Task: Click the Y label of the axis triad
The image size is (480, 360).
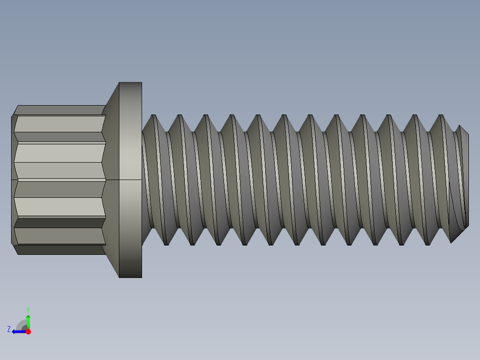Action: point(28,309)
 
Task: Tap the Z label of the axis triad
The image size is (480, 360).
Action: point(9,329)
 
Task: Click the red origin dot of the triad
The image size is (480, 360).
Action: point(28,331)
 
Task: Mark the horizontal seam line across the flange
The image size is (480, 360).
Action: point(130,180)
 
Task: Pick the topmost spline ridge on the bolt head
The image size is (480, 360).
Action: point(60,110)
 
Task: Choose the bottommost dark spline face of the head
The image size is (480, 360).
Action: point(60,250)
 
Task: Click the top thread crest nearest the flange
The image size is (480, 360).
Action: point(154,116)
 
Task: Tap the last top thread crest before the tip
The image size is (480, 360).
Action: point(441,116)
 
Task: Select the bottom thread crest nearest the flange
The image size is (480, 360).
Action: point(166,243)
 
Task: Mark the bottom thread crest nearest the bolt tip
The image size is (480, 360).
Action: point(427,243)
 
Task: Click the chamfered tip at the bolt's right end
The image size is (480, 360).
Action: point(463,178)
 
